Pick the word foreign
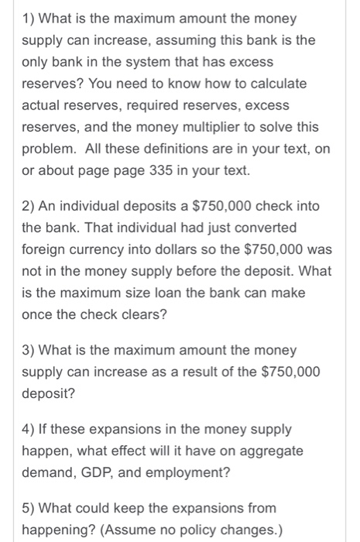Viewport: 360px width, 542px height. point(44,252)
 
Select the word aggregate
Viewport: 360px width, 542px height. point(270,450)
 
